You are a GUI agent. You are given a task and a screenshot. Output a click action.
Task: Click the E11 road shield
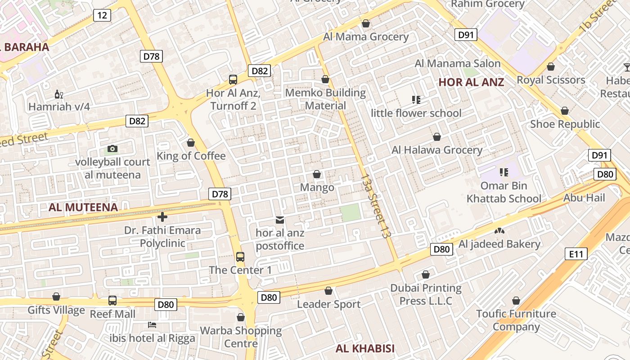click(x=576, y=254)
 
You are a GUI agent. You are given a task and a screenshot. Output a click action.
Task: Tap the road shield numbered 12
click(x=102, y=15)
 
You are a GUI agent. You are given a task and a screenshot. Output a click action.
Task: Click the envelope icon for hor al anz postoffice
click(x=280, y=220)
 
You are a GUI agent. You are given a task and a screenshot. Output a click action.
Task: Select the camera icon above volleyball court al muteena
click(x=112, y=148)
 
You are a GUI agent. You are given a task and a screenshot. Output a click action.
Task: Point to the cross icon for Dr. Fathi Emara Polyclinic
click(x=162, y=217)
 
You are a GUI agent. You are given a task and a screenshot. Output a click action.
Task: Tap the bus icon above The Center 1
click(x=240, y=257)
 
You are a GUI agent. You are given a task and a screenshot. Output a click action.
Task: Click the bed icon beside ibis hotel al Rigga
click(x=152, y=324)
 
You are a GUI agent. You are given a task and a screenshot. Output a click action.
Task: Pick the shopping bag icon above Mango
click(x=317, y=174)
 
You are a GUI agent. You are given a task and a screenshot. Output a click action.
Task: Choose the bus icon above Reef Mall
click(x=112, y=300)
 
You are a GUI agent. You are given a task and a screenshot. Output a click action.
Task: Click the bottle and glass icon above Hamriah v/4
click(x=58, y=94)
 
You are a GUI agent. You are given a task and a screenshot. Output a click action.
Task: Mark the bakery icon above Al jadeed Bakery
click(x=499, y=231)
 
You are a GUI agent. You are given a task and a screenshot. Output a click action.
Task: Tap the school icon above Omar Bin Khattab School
click(x=504, y=172)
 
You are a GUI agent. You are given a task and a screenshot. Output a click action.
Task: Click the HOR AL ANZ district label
click(x=471, y=82)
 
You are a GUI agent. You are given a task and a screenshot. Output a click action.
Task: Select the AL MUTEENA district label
click(x=83, y=207)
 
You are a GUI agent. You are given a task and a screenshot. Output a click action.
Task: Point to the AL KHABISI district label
click(x=365, y=348)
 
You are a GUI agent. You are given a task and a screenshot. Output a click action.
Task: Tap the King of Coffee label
click(x=191, y=156)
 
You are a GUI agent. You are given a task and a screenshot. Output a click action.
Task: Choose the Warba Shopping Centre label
click(x=241, y=337)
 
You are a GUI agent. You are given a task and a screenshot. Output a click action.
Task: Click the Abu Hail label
click(x=584, y=198)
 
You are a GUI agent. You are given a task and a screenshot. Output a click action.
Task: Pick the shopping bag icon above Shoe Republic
click(x=565, y=111)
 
